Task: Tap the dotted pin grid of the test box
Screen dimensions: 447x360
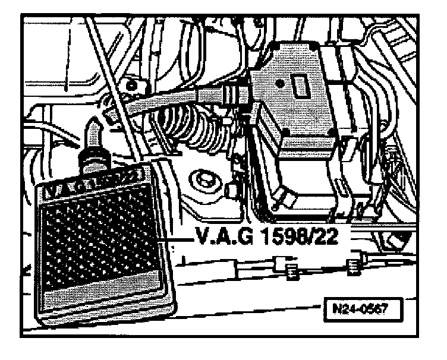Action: [x=101, y=238]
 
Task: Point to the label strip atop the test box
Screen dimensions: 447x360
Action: [x=92, y=181]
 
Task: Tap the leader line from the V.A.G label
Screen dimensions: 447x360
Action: [x=178, y=240]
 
